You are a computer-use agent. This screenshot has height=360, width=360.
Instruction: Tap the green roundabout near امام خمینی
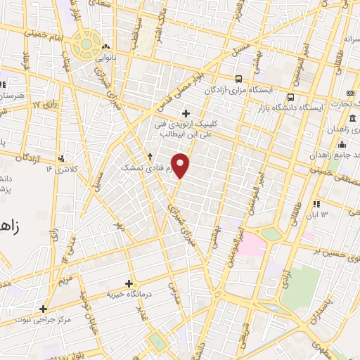(86, 43)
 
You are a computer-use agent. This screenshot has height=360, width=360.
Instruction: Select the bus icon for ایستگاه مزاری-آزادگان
(239, 79)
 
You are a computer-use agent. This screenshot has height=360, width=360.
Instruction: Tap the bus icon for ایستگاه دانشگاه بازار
(290, 97)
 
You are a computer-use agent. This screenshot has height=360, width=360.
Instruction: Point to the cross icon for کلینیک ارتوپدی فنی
(186, 113)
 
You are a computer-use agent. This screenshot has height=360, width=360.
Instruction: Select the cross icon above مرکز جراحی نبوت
(44, 309)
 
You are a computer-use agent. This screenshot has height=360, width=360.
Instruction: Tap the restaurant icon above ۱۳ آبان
(316, 202)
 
